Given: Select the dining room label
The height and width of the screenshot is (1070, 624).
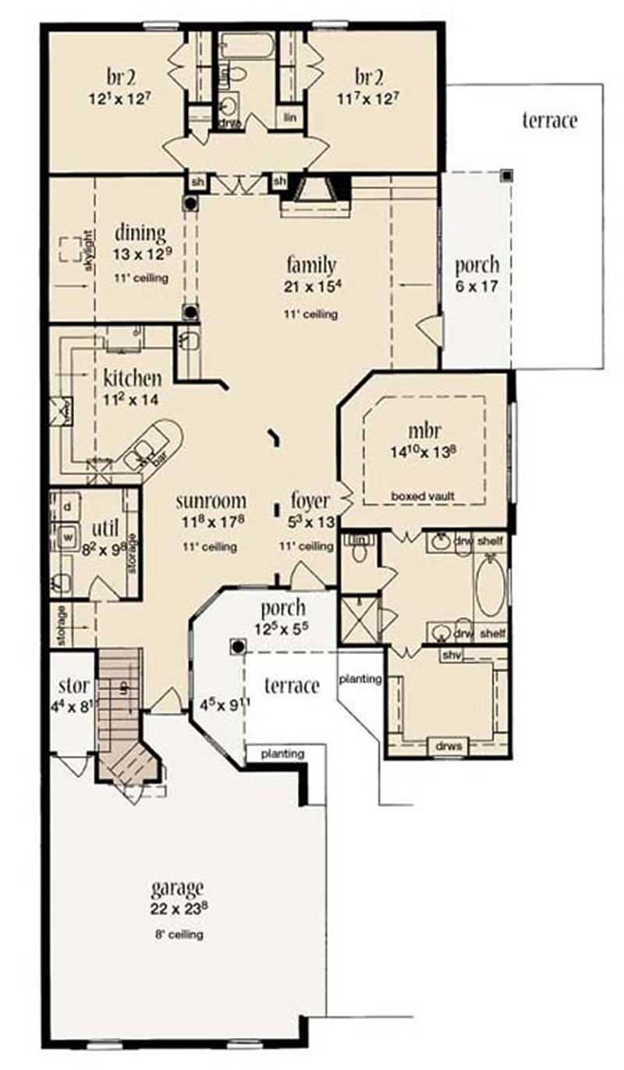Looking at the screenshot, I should (x=140, y=233).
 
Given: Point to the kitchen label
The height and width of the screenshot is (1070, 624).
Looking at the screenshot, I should (x=133, y=379).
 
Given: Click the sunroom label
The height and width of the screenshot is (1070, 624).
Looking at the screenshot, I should (x=211, y=500).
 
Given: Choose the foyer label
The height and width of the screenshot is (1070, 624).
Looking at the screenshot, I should (x=310, y=500).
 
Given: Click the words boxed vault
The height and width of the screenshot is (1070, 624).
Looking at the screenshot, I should (x=424, y=495).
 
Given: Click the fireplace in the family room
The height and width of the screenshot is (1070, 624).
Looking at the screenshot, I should (x=315, y=191).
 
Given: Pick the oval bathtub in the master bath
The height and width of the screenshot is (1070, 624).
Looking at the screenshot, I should (x=489, y=586).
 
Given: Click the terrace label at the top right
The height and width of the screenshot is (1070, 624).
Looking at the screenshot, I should (x=550, y=121).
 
